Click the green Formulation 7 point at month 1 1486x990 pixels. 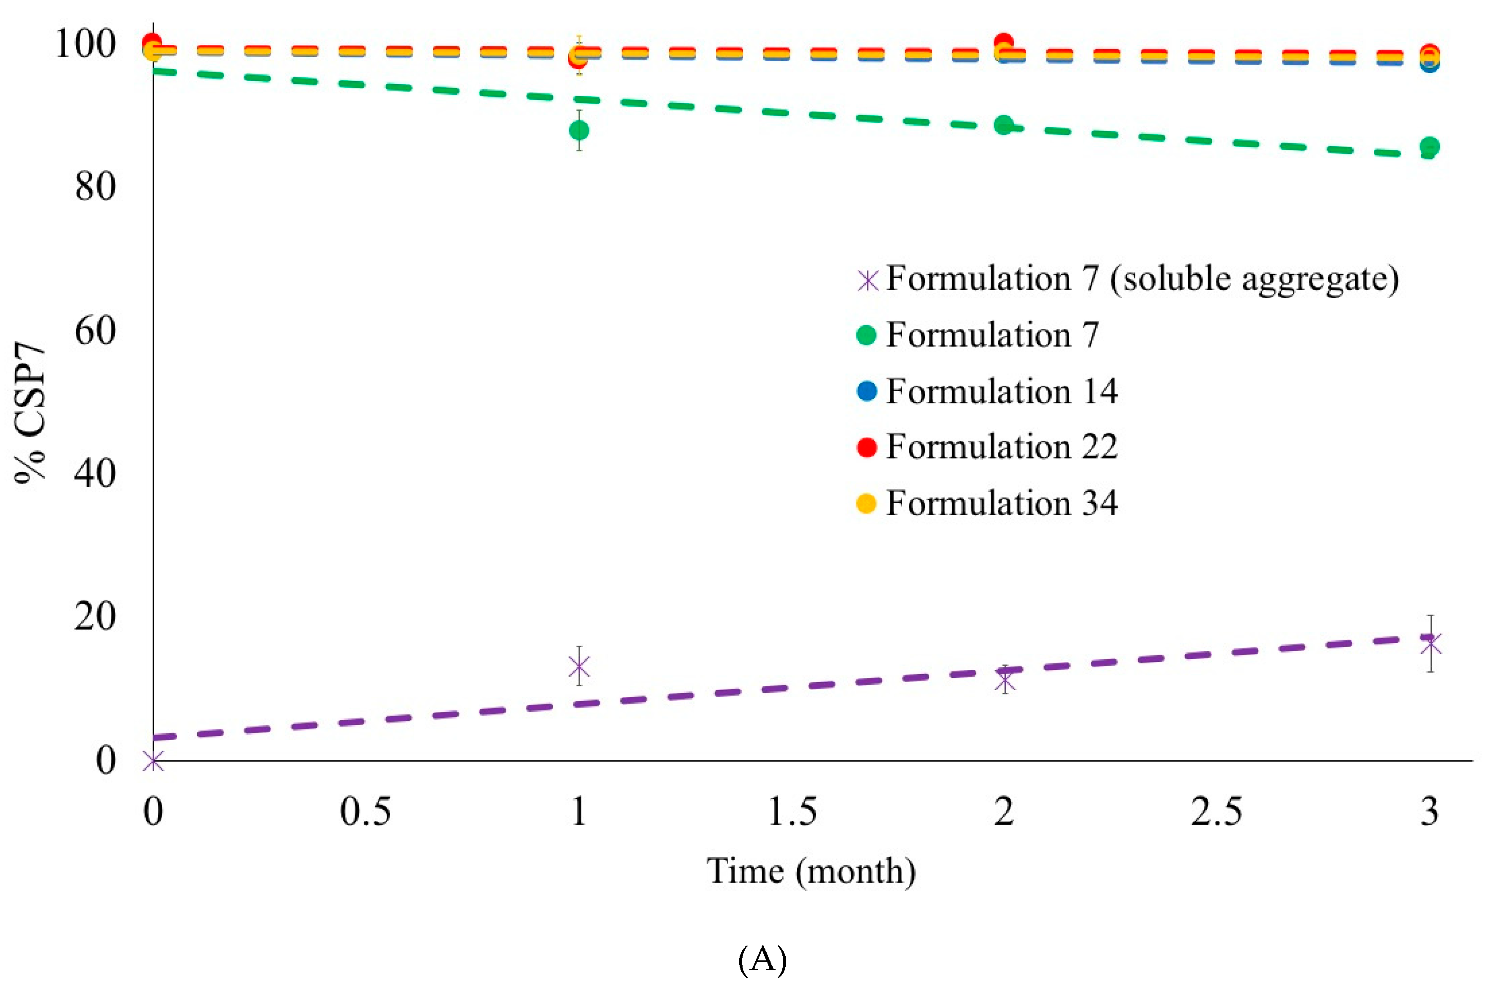pyautogui.click(x=578, y=131)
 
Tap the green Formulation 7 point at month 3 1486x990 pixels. pyautogui.click(x=1429, y=147)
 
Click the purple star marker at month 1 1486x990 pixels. pyautogui.click(x=578, y=666)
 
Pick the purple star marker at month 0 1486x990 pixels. pyautogui.click(x=153, y=761)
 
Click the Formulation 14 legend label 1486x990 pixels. pyautogui.click(x=1001, y=392)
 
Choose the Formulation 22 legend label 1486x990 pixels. pyautogui.click(x=1001, y=447)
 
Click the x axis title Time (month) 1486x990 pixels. pyautogui.click(x=811, y=871)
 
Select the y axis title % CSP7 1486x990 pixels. pyautogui.click(x=30, y=414)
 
